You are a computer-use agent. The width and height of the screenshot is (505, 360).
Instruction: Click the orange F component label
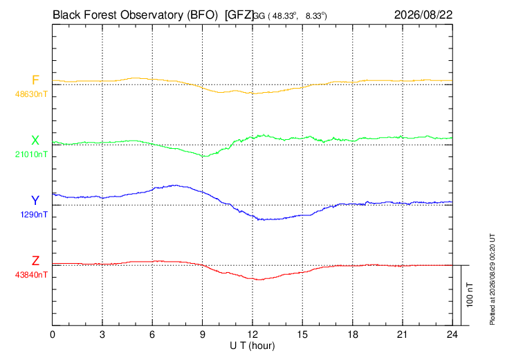coord(35,80)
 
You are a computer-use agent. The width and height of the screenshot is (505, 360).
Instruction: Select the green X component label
coord(35,141)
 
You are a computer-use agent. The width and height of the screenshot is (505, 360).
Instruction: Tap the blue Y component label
coord(35,201)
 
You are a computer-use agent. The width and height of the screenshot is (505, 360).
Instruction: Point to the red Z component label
coord(35,260)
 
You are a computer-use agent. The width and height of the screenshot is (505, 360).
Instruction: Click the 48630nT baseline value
coord(31,94)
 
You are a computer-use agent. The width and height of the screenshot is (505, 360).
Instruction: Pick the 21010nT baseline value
coord(31,154)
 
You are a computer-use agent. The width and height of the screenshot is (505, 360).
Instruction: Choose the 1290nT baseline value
coord(34,215)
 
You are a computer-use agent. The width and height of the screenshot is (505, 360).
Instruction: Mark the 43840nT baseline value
coord(31,275)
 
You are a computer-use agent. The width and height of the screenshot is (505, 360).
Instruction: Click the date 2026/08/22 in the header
coord(423,15)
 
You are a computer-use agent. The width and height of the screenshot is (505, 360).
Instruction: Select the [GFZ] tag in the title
coord(239,15)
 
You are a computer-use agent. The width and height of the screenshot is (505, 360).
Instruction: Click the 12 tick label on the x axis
coord(252,334)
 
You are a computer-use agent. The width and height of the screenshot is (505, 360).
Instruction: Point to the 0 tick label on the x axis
coord(53,334)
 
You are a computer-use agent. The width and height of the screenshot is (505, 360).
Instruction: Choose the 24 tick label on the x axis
coord(452,334)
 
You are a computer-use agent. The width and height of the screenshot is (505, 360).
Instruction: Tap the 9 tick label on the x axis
coord(202,334)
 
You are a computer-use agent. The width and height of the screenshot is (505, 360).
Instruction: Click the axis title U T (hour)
coord(252,346)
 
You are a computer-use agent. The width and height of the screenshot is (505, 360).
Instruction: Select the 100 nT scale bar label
coord(470,295)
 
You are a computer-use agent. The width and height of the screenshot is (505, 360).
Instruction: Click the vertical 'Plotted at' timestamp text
coord(492,279)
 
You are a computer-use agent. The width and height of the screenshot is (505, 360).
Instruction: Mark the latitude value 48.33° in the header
coord(284,16)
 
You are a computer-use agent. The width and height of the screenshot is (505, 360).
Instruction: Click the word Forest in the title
coord(98,15)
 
